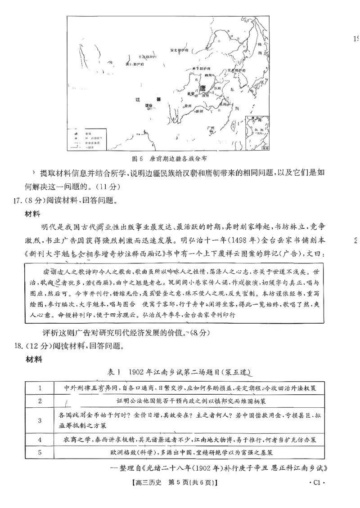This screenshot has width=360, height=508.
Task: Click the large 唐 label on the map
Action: pos(202,87)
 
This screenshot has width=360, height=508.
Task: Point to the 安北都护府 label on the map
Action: pos(178,49)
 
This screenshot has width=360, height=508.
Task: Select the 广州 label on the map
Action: pos(211,129)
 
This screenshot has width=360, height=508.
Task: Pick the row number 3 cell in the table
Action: pos(40,420)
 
